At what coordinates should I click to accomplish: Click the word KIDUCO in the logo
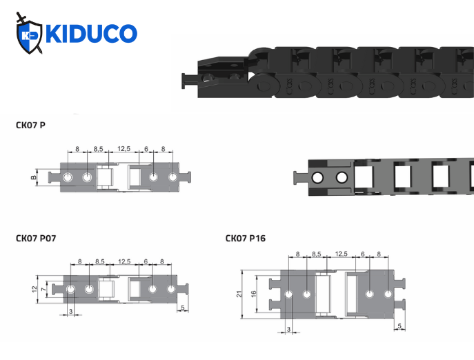click(x=91, y=34)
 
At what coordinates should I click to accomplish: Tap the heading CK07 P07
click(x=37, y=239)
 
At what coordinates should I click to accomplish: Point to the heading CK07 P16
click(x=246, y=239)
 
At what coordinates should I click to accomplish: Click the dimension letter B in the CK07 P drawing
click(x=35, y=178)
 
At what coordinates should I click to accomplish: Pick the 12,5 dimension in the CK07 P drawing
click(x=124, y=149)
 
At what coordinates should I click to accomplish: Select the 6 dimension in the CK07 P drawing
click(x=146, y=149)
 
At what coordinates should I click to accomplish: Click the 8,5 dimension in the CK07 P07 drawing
click(x=99, y=261)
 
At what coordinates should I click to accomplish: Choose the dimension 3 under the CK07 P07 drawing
click(x=72, y=312)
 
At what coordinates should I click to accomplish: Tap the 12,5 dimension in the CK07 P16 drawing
click(x=341, y=254)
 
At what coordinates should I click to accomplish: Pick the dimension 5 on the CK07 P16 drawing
click(x=400, y=326)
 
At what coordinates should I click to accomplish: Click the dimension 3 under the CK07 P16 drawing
click(x=288, y=330)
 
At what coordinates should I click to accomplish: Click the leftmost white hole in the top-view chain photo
click(x=317, y=178)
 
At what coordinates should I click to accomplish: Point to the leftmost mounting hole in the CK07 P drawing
click(x=68, y=178)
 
